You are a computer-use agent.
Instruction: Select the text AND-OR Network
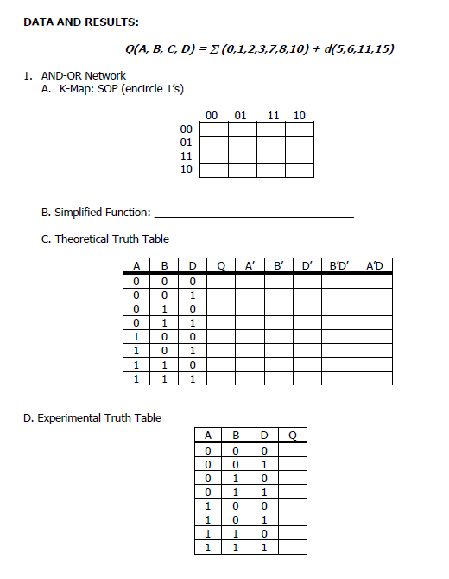click(x=83, y=76)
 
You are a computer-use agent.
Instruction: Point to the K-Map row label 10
click(x=186, y=169)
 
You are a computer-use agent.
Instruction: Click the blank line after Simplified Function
click(x=254, y=213)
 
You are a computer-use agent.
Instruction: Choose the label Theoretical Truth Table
click(x=112, y=239)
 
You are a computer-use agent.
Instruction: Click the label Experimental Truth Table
click(x=92, y=418)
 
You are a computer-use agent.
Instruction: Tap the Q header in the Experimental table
click(x=293, y=435)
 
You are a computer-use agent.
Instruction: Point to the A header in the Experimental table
click(x=208, y=435)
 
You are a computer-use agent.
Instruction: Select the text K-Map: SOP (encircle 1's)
click(x=121, y=89)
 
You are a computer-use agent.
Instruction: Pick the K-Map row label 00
click(x=186, y=130)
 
